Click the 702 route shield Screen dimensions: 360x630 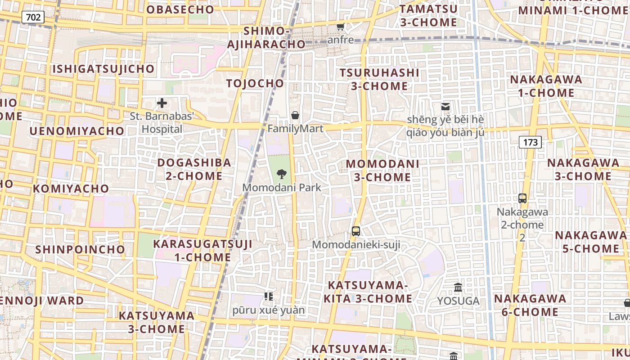point(33,18)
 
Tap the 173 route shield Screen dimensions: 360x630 point(531,143)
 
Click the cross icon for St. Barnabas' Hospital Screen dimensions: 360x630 point(162,103)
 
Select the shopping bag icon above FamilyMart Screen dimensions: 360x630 point(295,116)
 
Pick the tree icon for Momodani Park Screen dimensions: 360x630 point(282,174)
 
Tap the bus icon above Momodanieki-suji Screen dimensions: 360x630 point(356,231)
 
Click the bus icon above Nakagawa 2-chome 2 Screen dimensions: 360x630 point(522,198)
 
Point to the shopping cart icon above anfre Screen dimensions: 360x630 point(341,27)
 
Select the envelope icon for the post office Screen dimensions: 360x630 point(445,107)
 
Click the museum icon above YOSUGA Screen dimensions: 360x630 point(458,287)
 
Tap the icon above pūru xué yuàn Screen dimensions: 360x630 point(269,296)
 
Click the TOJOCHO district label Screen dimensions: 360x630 point(255,83)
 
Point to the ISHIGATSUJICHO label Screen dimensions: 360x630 point(103,69)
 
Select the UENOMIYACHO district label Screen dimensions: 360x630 point(77,131)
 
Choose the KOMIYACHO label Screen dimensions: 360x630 point(71,189)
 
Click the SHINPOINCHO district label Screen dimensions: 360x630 point(80,249)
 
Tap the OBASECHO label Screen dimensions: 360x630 point(180,9)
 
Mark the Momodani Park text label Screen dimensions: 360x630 point(282,187)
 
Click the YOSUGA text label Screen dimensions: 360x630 point(458,301)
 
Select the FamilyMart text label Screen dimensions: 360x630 point(295,129)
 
